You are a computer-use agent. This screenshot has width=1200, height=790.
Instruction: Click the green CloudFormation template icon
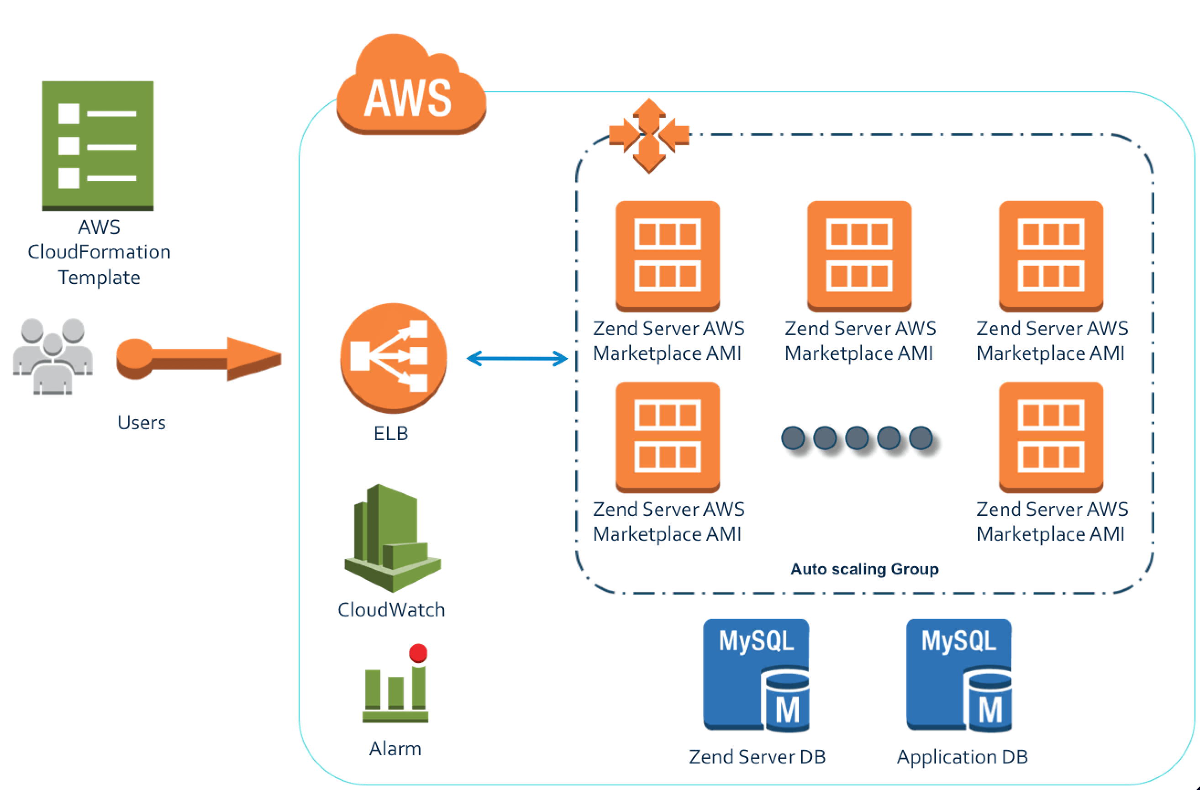(97, 146)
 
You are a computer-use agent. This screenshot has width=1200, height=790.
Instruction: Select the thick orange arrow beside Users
(199, 358)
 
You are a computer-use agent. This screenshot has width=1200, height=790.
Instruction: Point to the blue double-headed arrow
(517, 358)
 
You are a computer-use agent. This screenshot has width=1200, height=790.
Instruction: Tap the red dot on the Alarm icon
(418, 653)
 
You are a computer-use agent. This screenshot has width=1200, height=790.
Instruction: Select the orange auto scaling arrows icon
(649, 136)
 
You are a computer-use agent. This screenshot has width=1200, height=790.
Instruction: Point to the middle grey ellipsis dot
(857, 437)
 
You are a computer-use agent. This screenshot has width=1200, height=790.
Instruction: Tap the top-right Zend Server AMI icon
(1051, 256)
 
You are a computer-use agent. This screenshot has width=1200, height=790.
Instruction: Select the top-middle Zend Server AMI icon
(859, 256)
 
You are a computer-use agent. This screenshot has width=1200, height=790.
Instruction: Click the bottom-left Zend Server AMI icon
(668, 437)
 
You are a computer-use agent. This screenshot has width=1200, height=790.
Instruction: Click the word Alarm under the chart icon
(395, 748)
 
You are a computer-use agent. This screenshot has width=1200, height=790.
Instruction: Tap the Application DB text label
(962, 757)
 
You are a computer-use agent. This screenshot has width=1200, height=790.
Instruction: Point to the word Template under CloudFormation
(99, 277)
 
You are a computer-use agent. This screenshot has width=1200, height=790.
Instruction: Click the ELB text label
(391, 433)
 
